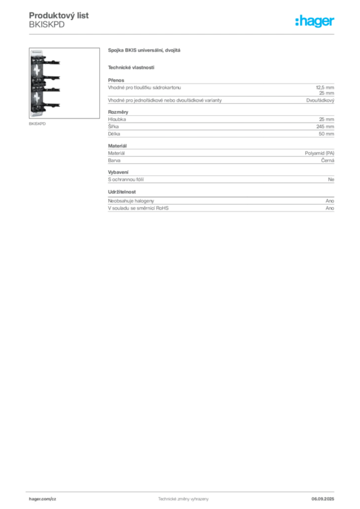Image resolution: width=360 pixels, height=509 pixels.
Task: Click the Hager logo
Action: tap(315, 21)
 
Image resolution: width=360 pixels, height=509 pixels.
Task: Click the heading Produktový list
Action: tap(59, 15)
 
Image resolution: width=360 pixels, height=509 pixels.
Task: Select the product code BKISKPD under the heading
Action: tap(47, 25)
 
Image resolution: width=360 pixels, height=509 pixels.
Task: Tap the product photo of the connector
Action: tap(64, 83)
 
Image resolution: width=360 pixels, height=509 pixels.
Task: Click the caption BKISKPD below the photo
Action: tap(37, 124)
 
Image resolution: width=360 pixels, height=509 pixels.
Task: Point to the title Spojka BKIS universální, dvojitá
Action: tap(144, 50)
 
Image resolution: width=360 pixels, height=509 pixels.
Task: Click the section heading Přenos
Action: tap(116, 80)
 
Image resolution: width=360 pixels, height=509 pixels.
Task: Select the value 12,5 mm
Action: tap(325, 87)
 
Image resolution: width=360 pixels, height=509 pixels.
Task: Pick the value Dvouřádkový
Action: tap(320, 100)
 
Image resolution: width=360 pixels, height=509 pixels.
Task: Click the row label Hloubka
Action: tap(117, 119)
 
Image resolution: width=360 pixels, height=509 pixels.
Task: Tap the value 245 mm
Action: tap(325, 127)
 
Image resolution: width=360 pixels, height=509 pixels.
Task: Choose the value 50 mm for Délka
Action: tap(326, 134)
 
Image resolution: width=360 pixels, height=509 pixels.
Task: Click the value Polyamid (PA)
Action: tap(319, 153)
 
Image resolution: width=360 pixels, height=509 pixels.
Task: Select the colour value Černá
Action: tap(328, 161)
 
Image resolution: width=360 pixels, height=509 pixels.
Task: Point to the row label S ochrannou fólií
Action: tap(126, 179)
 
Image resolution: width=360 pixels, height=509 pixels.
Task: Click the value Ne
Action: tap(331, 179)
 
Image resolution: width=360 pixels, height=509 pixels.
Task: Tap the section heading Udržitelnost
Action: tap(122, 192)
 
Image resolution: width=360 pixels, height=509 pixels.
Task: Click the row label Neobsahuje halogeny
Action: tap(131, 201)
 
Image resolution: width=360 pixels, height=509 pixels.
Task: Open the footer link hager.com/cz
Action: tap(43, 499)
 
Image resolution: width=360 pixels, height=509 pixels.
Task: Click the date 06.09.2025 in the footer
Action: tap(323, 499)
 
